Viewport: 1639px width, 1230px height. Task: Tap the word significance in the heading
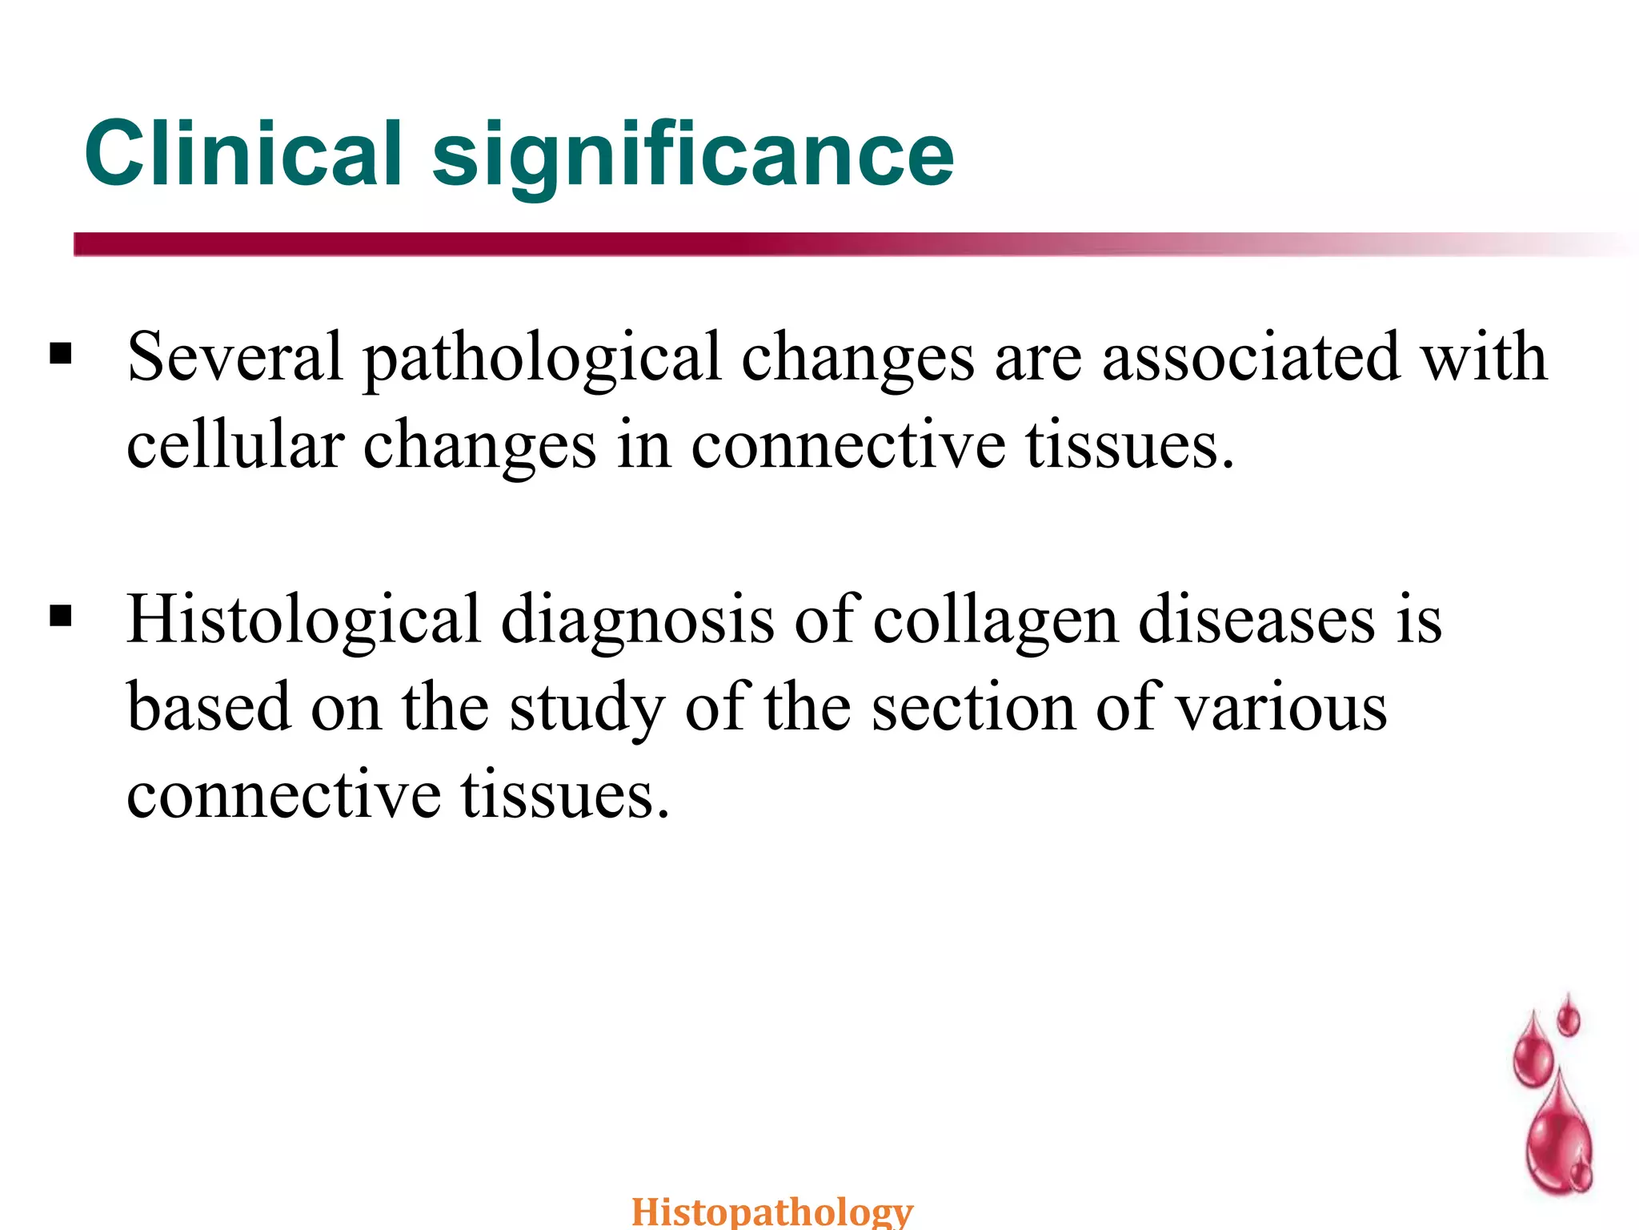[693, 156]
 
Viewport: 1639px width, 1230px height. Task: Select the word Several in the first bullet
[235, 356]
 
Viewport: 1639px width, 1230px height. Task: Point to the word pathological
[543, 358]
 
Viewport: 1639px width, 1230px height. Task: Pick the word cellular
[235, 445]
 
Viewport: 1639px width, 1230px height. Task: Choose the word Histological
[304, 620]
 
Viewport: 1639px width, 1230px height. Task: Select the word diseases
[1256, 620]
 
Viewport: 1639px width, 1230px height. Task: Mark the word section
[973, 708]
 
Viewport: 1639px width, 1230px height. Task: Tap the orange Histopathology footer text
[772, 1211]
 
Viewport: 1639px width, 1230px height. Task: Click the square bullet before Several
[61, 353]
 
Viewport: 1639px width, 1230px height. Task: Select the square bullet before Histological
[61, 616]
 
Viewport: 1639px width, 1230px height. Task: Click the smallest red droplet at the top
[1569, 1017]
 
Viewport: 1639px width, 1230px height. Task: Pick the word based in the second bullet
[208, 708]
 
